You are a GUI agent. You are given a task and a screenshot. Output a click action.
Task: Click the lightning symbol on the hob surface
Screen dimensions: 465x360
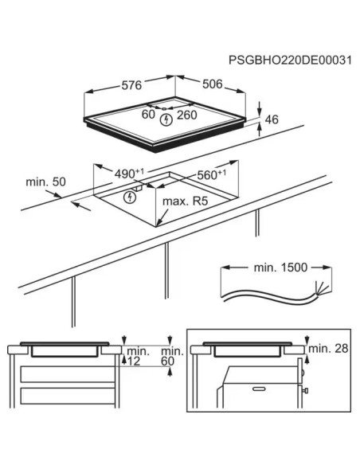(166, 120)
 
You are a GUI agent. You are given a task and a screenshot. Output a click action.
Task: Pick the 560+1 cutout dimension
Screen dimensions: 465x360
(210, 174)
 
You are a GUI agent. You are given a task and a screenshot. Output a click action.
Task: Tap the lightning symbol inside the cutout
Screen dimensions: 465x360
(131, 196)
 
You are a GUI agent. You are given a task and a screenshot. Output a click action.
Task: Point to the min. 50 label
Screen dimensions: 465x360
(45, 182)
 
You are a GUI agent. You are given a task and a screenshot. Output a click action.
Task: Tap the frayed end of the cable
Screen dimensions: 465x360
(321, 288)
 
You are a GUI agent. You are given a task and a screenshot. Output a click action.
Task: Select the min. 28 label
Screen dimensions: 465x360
(329, 348)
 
